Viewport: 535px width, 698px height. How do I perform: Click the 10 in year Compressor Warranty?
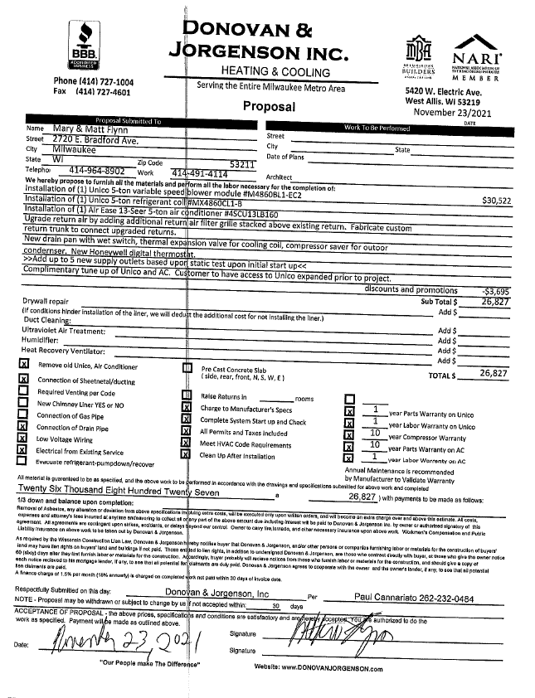(375, 433)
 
